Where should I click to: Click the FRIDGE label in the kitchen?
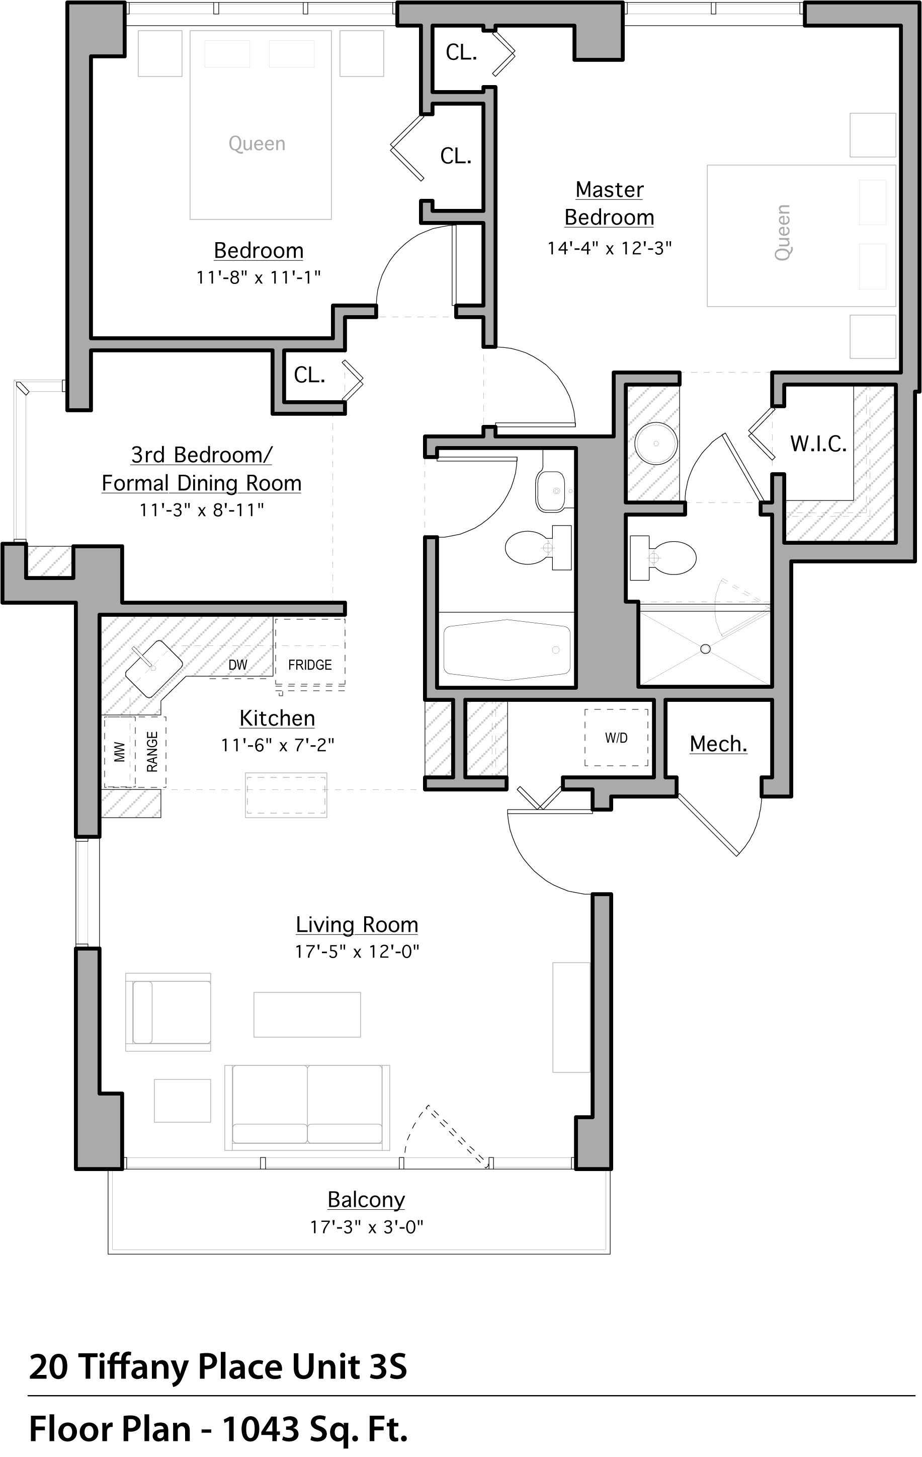point(309,665)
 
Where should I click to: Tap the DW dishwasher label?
point(237,665)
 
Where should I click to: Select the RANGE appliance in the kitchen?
point(151,752)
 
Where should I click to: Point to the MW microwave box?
point(119,752)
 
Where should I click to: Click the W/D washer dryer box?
point(616,738)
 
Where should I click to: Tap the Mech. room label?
point(718,744)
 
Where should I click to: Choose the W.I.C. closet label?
point(818,444)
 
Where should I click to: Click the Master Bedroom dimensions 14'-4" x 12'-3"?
point(610,248)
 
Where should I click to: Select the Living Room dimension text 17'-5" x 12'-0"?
point(357,952)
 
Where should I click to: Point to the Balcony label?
point(366,1199)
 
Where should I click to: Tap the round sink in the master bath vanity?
point(656,443)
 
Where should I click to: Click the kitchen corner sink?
point(153,668)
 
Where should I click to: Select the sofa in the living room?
point(307,1106)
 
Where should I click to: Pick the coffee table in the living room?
point(307,1014)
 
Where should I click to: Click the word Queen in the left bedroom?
point(257,144)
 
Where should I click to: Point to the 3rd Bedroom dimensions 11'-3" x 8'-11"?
point(201,510)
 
